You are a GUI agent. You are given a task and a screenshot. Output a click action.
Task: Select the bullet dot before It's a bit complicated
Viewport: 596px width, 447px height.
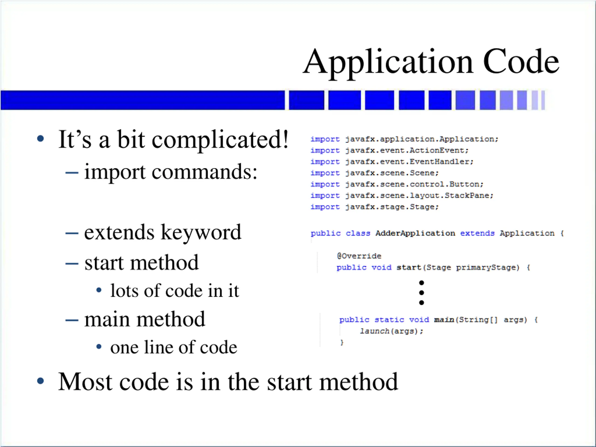pos(41,139)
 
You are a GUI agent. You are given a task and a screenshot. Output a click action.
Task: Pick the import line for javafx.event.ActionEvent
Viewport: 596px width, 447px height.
pos(389,150)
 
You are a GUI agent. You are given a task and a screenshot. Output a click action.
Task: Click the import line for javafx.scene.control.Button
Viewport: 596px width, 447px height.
pos(397,184)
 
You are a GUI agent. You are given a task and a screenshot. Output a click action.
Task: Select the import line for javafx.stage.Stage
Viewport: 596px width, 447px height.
pos(375,207)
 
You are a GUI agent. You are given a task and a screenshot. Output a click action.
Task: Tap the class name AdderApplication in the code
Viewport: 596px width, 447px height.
pos(415,233)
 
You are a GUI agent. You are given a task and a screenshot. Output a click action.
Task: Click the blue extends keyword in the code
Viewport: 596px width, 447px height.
pos(477,233)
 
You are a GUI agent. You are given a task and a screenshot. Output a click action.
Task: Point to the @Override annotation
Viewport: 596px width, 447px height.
pos(359,256)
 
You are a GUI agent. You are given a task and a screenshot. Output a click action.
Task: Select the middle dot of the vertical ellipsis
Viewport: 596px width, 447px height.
pos(422,293)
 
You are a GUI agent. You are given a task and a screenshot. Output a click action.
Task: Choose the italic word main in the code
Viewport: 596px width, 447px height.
pos(444,320)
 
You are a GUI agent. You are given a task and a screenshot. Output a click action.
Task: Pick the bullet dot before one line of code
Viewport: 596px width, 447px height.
pos(99,347)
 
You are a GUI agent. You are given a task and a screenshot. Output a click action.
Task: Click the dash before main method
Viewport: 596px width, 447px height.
pos(72,320)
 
